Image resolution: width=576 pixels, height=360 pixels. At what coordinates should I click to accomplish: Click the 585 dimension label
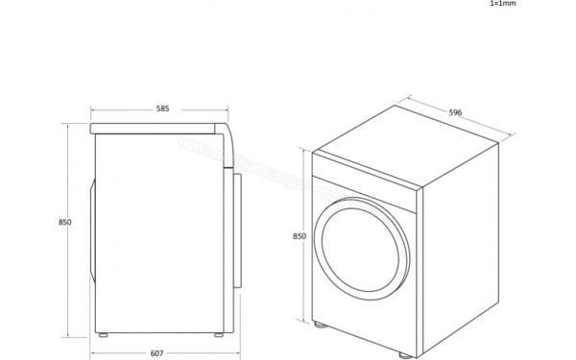click(x=162, y=109)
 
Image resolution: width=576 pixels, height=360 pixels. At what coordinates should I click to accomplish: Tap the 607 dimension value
click(x=158, y=352)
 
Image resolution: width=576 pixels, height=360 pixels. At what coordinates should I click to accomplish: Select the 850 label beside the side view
click(x=64, y=222)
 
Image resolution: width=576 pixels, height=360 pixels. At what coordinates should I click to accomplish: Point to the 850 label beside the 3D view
click(x=299, y=236)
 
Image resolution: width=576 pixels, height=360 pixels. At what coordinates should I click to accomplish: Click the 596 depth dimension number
click(x=455, y=112)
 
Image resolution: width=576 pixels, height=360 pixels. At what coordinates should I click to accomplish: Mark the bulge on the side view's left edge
click(x=93, y=227)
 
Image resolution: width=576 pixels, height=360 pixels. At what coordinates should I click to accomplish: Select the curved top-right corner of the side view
click(x=224, y=129)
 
